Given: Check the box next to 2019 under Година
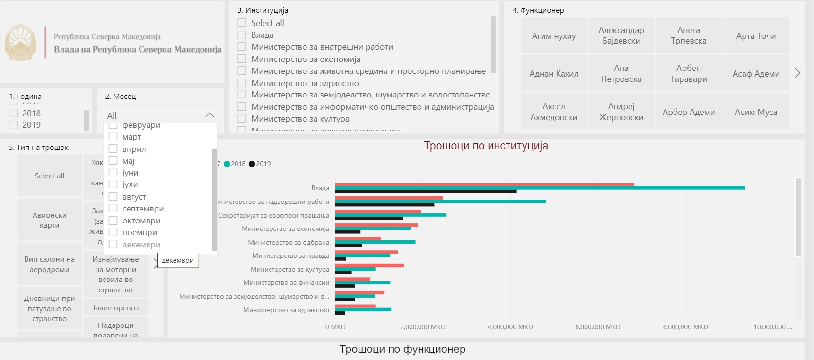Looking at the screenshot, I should pos(13,125).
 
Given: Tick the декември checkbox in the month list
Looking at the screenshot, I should pos(113,245).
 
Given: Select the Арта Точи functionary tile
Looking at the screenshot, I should pos(756,36).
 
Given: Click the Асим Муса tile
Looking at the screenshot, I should pos(756,112).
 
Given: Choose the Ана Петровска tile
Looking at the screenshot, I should pos(621,74).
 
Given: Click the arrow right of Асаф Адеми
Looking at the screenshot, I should pos(797,73).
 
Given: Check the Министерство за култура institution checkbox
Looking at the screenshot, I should pos(242,119).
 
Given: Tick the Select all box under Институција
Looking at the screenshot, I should pos(242,23).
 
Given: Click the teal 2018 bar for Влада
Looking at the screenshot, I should pos(539,188).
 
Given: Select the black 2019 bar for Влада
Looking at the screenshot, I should pos(426,191).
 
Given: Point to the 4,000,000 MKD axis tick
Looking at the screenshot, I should pos(510,327).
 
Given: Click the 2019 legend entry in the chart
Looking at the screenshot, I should pos(260,164).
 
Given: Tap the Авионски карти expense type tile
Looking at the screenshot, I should pos(50,220).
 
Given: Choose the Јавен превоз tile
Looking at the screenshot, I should pos(115,308).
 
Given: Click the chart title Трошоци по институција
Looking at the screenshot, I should pos(486,146).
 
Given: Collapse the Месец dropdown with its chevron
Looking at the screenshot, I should pos(210,115).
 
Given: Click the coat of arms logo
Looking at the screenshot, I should pos(20,43).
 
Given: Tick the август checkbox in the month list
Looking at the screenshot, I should pos(113,196).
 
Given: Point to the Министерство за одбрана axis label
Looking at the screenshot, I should pos(289,242).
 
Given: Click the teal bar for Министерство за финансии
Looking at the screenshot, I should pos(363,282).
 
